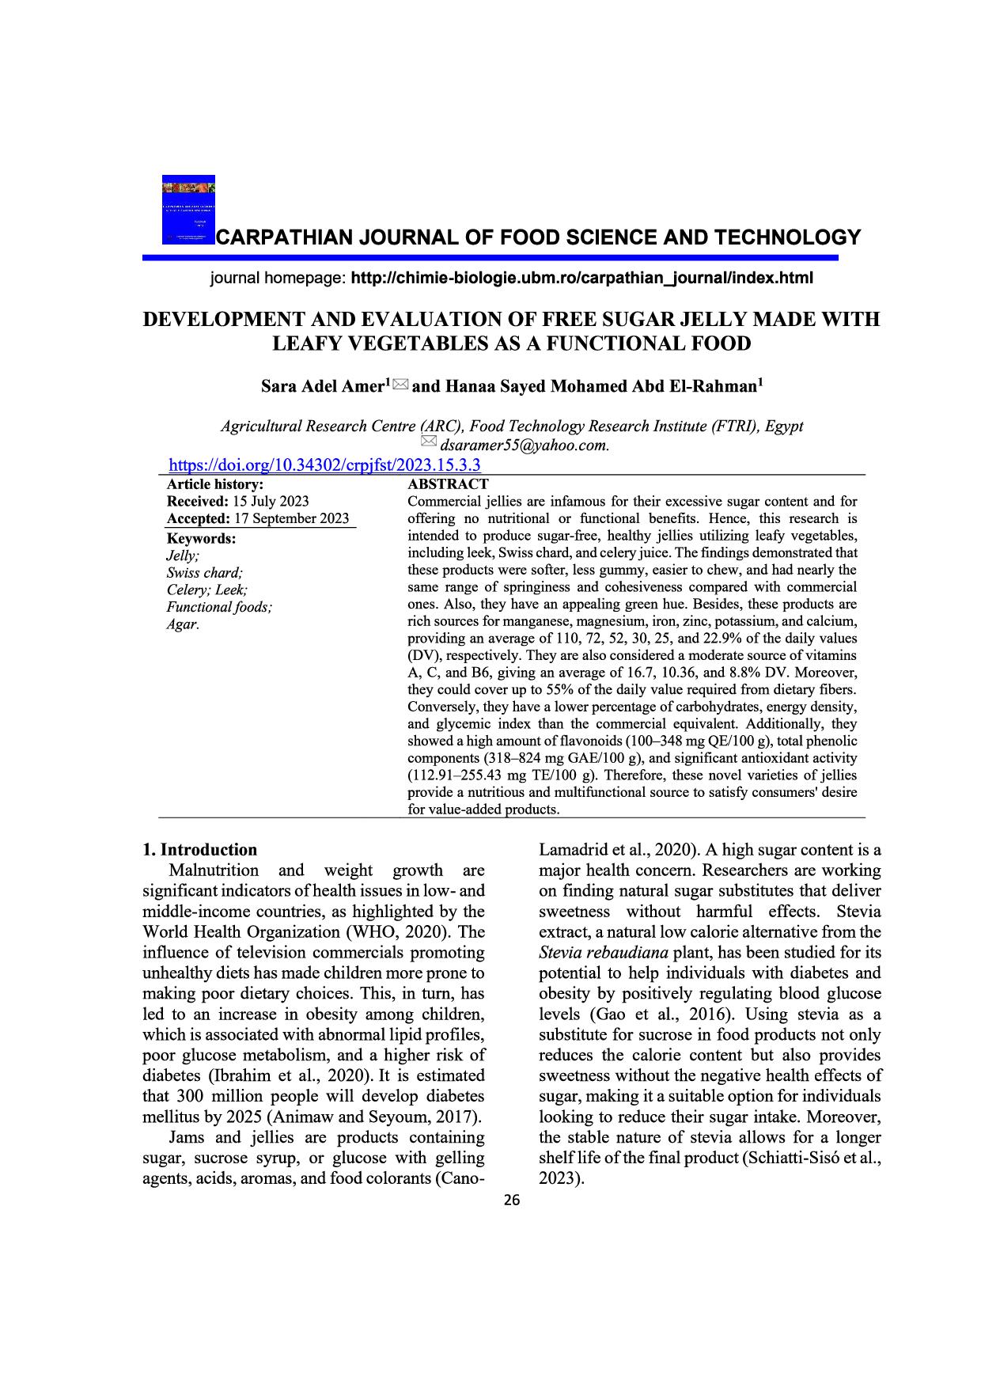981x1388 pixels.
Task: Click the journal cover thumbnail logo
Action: (188, 209)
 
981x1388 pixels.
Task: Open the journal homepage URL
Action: (581, 278)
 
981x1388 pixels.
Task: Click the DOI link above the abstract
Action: (325, 465)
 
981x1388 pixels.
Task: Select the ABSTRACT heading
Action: (448, 484)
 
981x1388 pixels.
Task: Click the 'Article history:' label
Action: (215, 484)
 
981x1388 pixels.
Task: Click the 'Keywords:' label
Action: (201, 538)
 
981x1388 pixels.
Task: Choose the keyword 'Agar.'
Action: (183, 625)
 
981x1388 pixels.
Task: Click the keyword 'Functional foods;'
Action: (219, 608)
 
